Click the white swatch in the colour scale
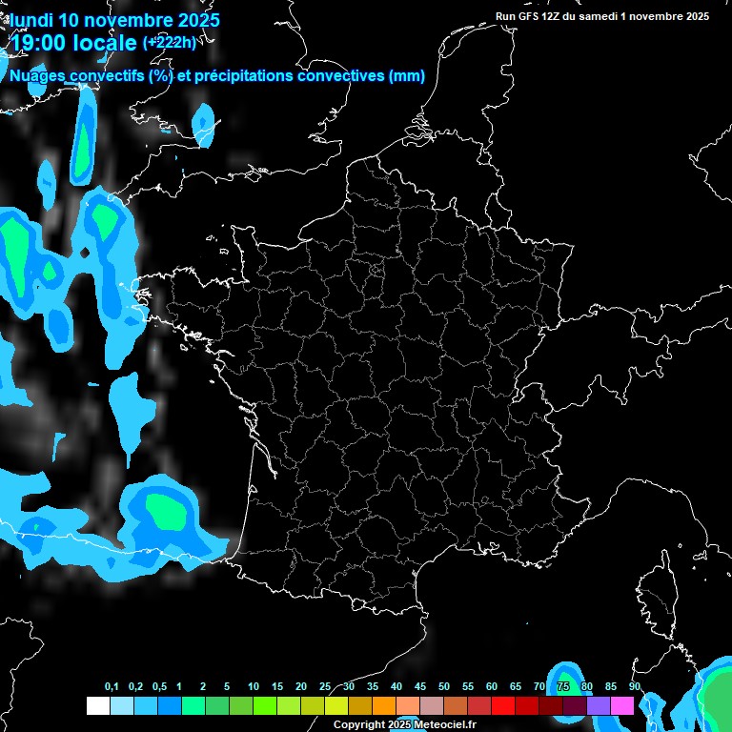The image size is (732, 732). pos(97,705)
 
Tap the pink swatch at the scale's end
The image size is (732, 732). pos(622,705)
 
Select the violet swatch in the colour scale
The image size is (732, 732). pos(599,705)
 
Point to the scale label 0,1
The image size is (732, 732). pos(112,687)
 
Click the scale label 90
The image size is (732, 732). pos(635,687)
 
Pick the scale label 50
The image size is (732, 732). pos(444,687)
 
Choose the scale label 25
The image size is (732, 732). pos(325,687)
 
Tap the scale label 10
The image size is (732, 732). pos(254,687)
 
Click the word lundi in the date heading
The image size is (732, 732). pos(32,19)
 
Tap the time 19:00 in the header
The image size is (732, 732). pos(41,43)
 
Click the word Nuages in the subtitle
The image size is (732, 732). pos(37,76)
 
